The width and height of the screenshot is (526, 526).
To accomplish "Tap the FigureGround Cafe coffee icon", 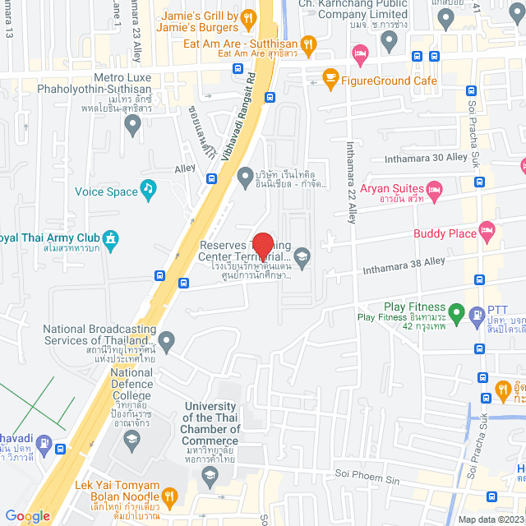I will [x=330, y=78].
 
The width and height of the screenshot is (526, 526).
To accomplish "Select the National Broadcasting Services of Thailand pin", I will [x=167, y=339].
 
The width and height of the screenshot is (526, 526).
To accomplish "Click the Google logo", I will [x=27, y=515].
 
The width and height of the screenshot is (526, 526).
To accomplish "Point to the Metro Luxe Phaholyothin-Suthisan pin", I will [x=131, y=124].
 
